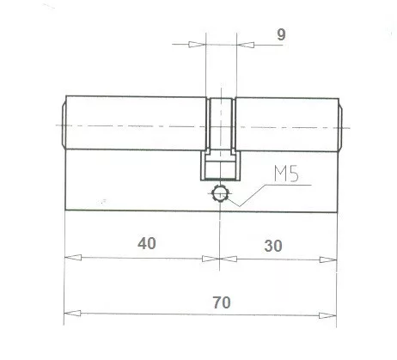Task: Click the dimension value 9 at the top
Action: click(x=280, y=36)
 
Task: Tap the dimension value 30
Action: click(x=273, y=244)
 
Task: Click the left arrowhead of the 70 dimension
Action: click(x=71, y=313)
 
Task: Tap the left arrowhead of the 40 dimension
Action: click(x=71, y=257)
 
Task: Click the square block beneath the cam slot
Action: click(x=221, y=166)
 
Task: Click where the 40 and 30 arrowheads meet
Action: click(x=221, y=257)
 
